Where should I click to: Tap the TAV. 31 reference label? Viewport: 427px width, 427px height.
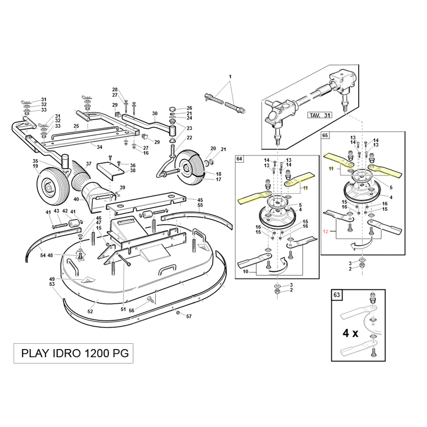tap(320, 115)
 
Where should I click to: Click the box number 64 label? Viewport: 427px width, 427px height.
tap(239, 159)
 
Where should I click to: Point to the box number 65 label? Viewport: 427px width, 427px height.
tap(326, 136)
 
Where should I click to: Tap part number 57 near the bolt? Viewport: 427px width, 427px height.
tap(188, 317)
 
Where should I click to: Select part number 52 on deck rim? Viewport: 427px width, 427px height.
tap(90, 311)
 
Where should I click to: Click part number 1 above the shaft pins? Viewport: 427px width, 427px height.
tap(230, 77)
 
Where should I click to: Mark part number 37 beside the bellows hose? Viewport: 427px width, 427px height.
tap(89, 164)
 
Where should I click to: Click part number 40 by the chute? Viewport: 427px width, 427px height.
tap(76, 199)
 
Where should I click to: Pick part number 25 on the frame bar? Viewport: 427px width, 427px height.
tap(76, 126)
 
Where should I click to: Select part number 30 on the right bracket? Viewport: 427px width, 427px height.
tap(155, 114)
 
